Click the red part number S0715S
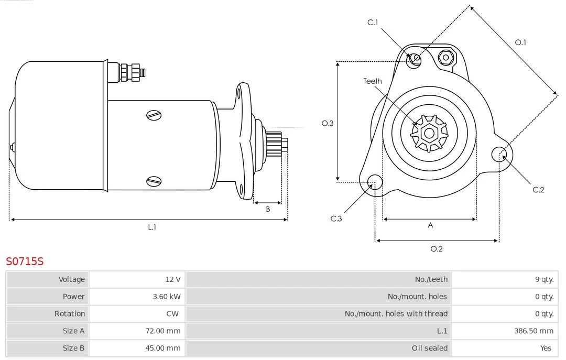click(25, 261)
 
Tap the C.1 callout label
click(373, 22)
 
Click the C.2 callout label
click(538, 190)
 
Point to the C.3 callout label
click(336, 219)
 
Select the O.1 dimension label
click(520, 42)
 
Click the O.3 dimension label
click(327, 123)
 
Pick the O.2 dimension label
click(437, 249)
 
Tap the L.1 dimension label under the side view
click(151, 227)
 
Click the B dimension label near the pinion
click(268, 209)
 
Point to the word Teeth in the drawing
click(373, 81)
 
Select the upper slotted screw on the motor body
click(154, 115)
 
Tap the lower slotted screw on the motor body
click(154, 181)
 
